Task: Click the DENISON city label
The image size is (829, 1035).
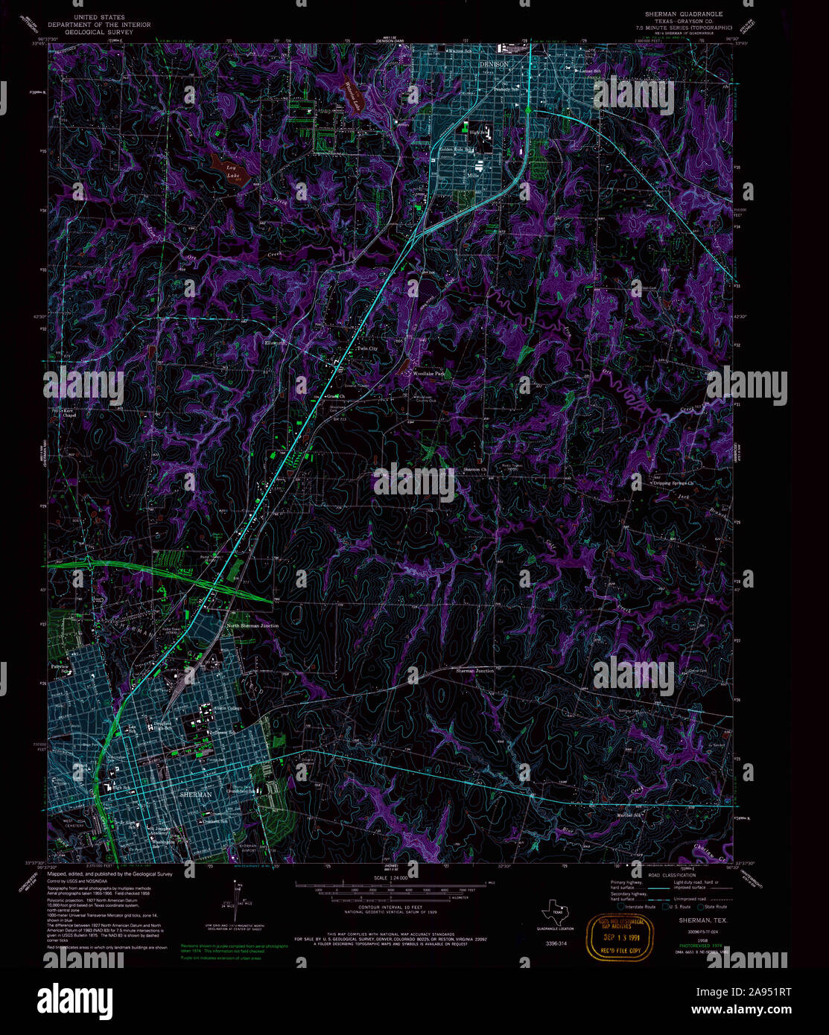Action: pyautogui.click(x=493, y=65)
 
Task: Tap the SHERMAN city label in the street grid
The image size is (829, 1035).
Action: pyautogui.click(x=196, y=794)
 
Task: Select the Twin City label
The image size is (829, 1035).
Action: pyautogui.click(x=366, y=348)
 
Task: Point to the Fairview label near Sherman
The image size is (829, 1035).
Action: pyautogui.click(x=60, y=666)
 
